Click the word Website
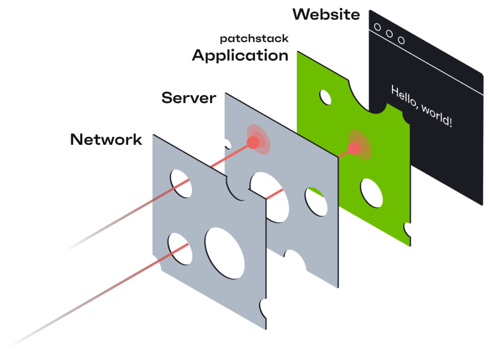(326, 14)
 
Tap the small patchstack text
(254, 39)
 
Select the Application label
(240, 55)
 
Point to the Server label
(189, 98)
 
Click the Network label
(106, 140)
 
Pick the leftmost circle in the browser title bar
(378, 27)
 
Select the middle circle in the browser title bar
(389, 33)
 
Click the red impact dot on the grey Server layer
(253, 142)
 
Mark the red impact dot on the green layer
(354, 148)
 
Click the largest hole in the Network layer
(224, 253)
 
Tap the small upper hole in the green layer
(325, 98)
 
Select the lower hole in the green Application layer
(371, 193)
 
